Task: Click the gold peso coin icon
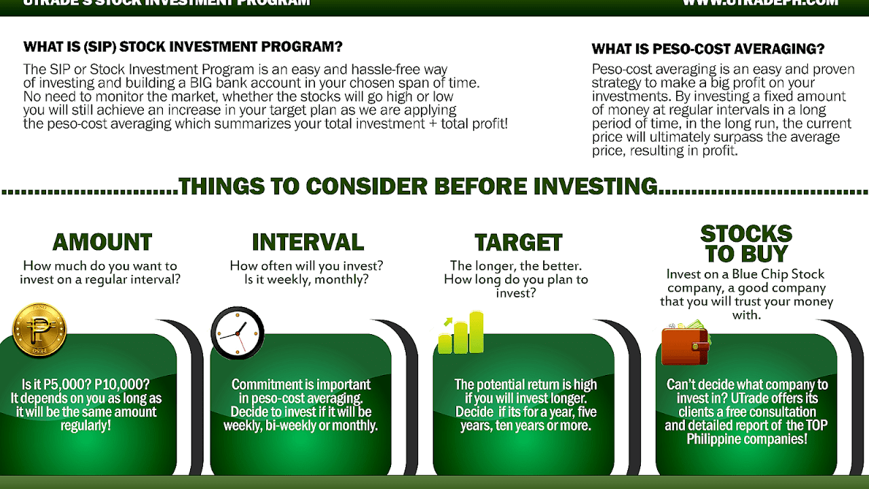click(39, 330)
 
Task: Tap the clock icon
click(237, 333)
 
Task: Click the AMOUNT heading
click(102, 242)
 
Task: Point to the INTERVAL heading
click(308, 242)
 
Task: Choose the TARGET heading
click(519, 243)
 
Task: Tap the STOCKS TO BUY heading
click(746, 244)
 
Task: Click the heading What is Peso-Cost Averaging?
click(708, 49)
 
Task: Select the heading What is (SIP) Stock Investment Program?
click(183, 47)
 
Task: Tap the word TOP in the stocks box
click(813, 426)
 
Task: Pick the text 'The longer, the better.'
click(516, 266)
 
